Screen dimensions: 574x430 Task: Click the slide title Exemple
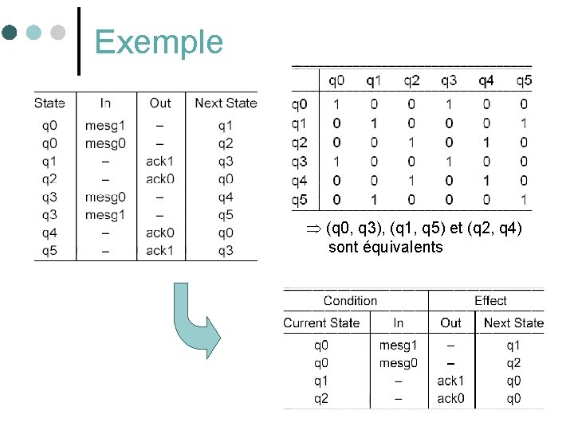(x=159, y=41)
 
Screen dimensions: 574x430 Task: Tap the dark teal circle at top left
(x=10, y=33)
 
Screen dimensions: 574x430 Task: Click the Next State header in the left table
(x=226, y=103)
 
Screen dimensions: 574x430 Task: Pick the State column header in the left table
(x=49, y=103)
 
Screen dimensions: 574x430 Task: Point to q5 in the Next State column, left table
(x=226, y=215)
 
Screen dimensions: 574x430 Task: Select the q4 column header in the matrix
(x=486, y=80)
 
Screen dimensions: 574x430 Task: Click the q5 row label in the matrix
(x=299, y=199)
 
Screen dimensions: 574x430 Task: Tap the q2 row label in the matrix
(x=299, y=143)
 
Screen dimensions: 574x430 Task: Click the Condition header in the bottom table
(x=350, y=301)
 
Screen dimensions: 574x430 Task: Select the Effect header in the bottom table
(x=490, y=301)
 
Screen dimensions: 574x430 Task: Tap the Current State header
(x=321, y=323)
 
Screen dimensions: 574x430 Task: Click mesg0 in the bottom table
(x=399, y=363)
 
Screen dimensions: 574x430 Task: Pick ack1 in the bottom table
(x=450, y=381)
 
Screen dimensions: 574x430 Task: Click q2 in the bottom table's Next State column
(x=513, y=363)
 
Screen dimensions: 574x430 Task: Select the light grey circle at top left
(x=57, y=33)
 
